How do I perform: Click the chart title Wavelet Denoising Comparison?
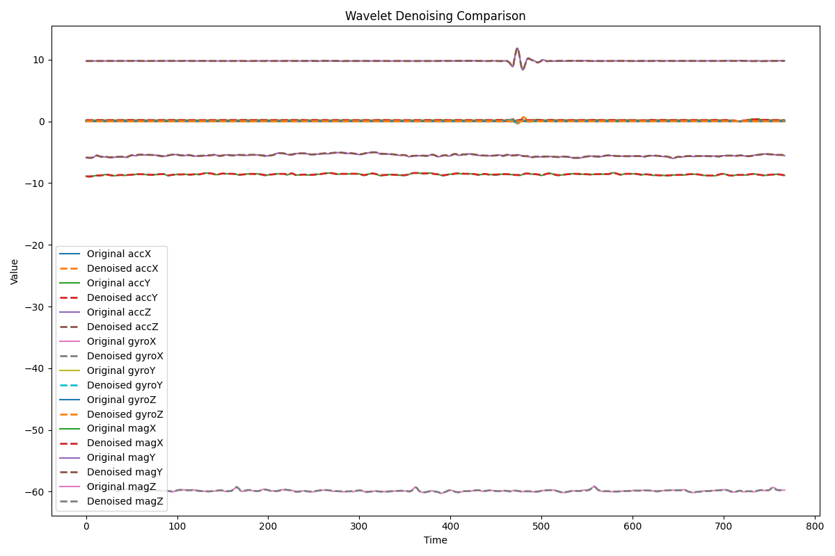435,16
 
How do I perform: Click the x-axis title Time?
435,540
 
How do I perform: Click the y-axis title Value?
15,271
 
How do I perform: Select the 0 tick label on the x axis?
86,528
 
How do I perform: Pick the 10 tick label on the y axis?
38,60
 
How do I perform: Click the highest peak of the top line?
517,48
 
